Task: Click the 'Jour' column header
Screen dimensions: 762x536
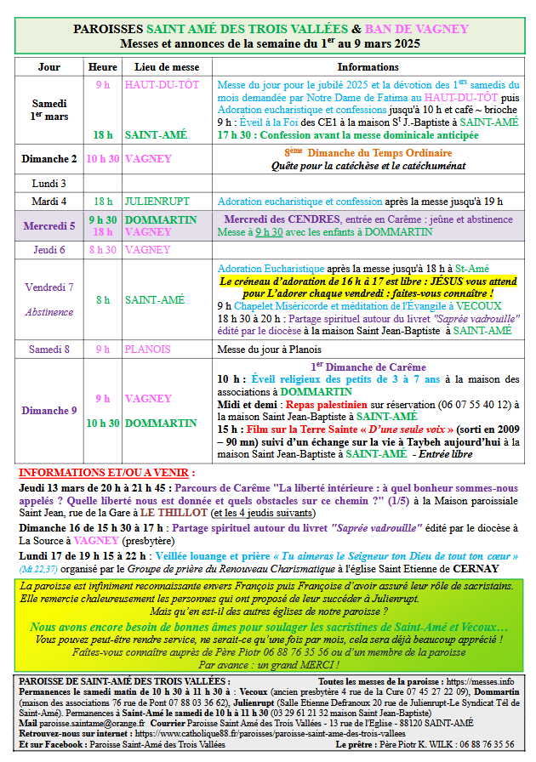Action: [x=49, y=66]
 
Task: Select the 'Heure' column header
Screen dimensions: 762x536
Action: [x=102, y=66]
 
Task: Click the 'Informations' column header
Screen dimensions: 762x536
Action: [x=368, y=66]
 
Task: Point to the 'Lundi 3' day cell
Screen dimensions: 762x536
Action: [x=48, y=183]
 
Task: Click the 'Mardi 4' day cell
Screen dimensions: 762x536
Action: [x=48, y=202]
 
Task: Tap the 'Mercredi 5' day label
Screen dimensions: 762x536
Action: [x=48, y=225]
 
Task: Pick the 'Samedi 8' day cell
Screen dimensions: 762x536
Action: [x=48, y=349]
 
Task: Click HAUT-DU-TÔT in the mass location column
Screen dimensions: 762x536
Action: [x=162, y=85]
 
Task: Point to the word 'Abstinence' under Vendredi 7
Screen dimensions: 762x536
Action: [x=48, y=312]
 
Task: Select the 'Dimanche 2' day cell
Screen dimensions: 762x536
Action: [x=48, y=159]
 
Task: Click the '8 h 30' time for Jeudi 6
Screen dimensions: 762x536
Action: [x=102, y=249]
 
